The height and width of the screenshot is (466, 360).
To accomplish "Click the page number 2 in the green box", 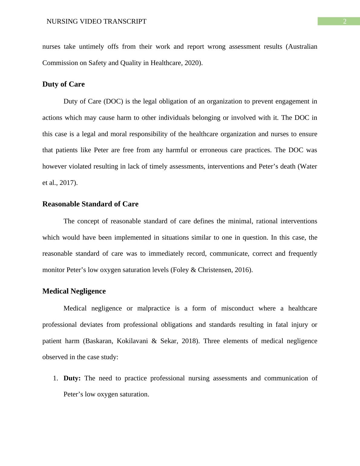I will coord(344,21).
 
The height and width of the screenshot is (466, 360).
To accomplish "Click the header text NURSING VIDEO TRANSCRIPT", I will coord(96,21).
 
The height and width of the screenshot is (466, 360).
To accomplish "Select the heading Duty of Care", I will coord(64,84).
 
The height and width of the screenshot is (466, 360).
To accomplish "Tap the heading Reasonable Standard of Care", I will coord(90,204).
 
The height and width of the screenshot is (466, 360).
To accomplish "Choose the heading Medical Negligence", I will coord(74,291).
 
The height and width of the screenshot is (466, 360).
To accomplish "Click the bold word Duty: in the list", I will coord(72,378).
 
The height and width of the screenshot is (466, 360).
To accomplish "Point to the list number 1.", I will coord(55,378).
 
